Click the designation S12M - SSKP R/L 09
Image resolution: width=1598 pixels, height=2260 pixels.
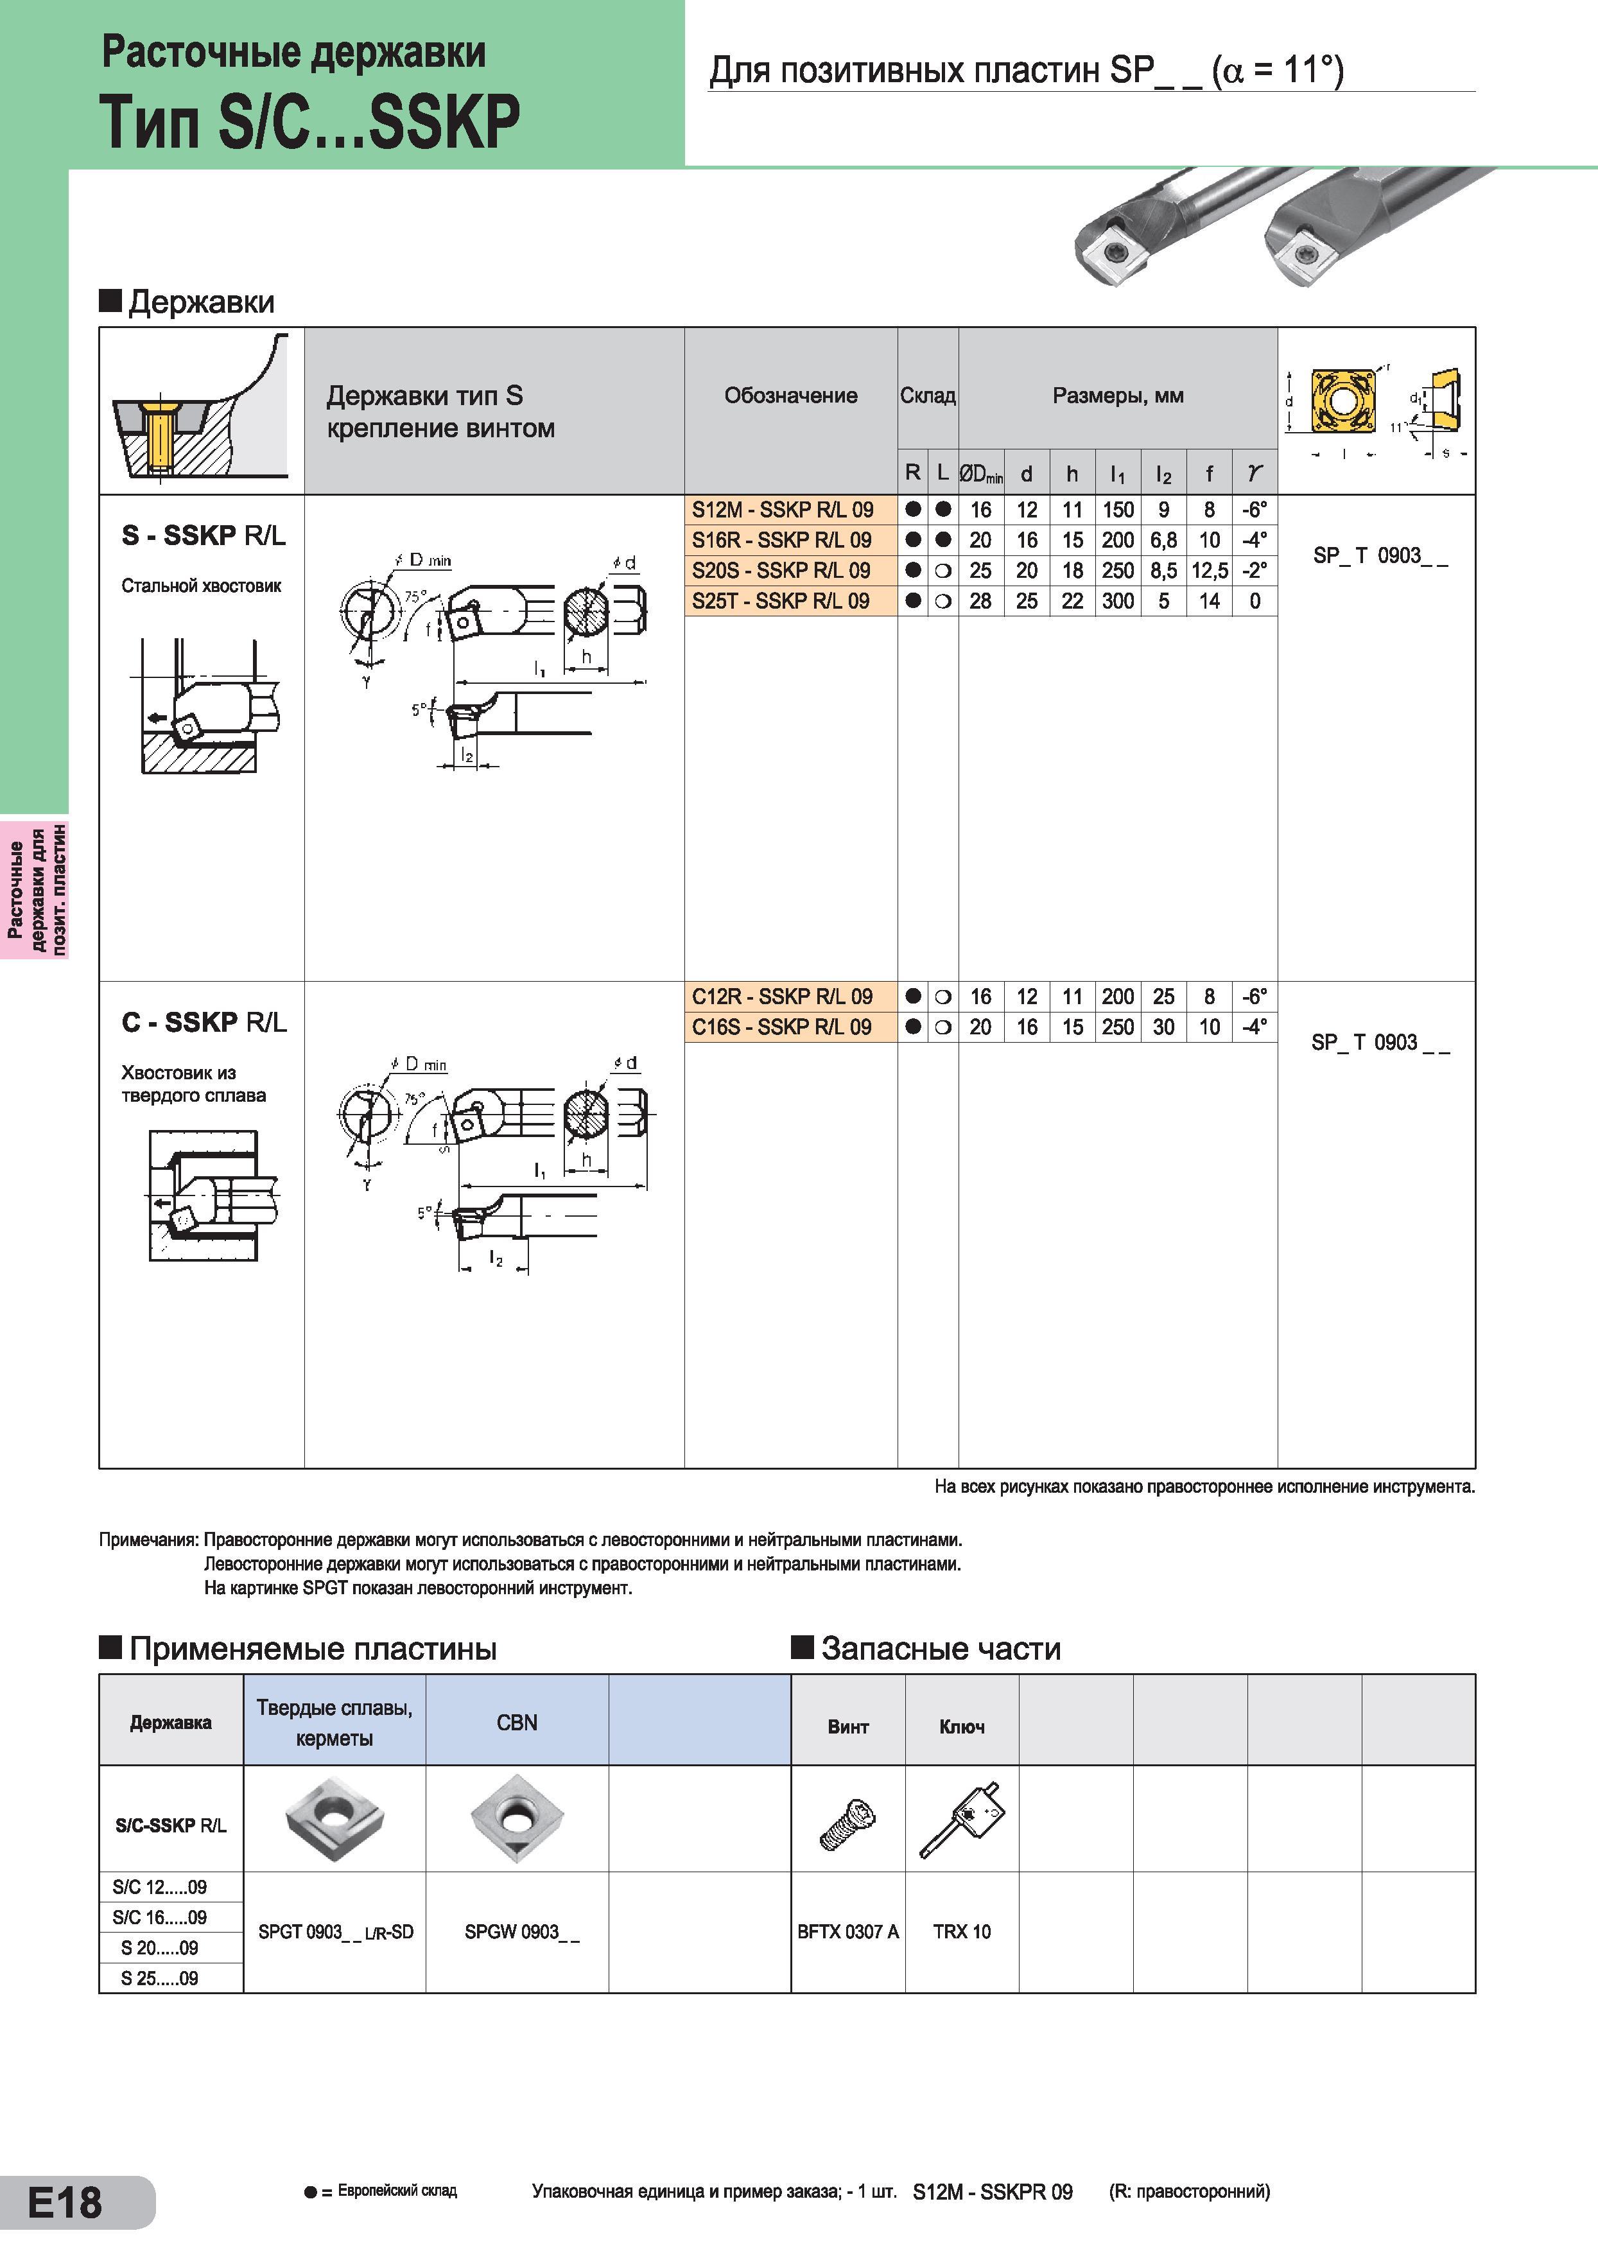782,510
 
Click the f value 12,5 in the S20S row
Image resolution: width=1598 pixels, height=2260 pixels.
1210,571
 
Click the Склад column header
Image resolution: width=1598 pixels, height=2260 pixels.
927,395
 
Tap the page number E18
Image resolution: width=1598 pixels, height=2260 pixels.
65,2203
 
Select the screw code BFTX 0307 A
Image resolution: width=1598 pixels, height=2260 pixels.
848,1932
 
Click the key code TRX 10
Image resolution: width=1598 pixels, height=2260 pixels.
961,1932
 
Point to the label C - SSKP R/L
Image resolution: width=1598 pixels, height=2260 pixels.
205,1023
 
